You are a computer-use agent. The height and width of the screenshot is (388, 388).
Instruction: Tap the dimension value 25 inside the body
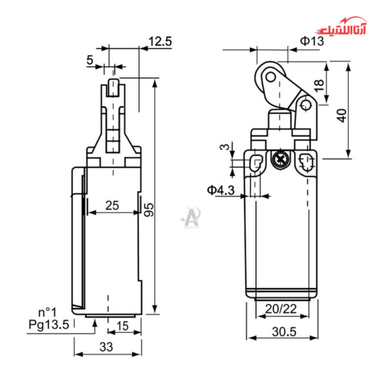112,206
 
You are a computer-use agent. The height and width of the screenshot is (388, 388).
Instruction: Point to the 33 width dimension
107,347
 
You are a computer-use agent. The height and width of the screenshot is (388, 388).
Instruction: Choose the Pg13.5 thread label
48,325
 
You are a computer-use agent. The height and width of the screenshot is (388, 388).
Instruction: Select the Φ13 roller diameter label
311,41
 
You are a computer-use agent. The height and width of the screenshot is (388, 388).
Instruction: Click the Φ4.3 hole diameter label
221,190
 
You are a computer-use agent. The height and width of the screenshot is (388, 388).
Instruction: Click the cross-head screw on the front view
281,158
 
